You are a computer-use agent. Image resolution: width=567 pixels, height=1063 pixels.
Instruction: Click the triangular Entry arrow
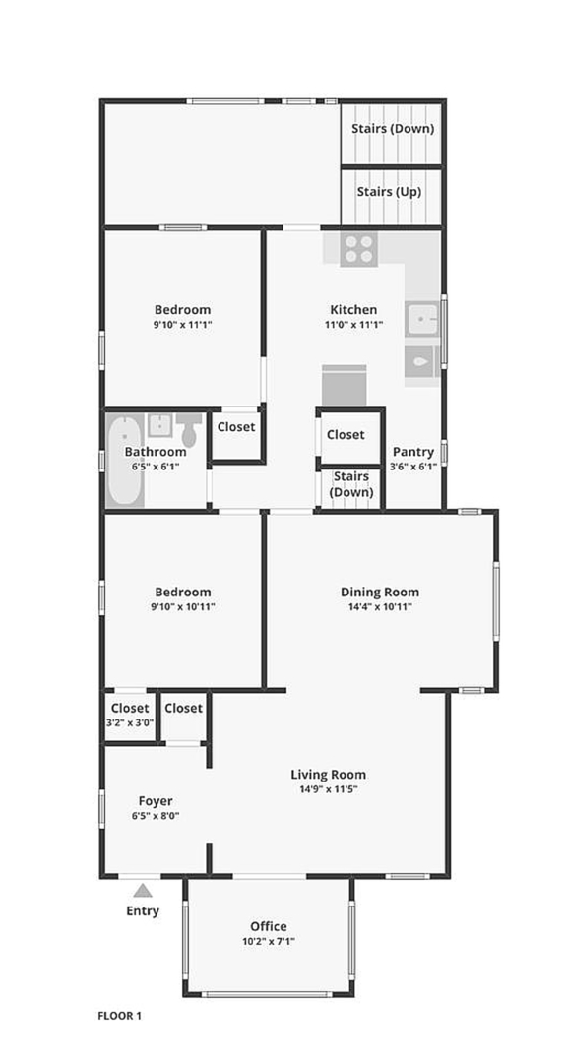click(x=143, y=890)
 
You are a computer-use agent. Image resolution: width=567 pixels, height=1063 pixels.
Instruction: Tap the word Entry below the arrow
click(x=143, y=910)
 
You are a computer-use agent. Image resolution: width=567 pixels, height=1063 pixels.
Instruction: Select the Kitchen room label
click(x=353, y=310)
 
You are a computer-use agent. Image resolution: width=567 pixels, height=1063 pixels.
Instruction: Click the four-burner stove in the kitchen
click(x=358, y=249)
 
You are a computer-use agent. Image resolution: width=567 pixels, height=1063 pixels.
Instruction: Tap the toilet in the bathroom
click(x=189, y=430)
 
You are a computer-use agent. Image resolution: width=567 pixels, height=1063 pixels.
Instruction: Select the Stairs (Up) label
click(x=389, y=192)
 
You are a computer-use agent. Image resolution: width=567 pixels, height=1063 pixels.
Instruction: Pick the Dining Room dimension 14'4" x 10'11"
click(x=380, y=606)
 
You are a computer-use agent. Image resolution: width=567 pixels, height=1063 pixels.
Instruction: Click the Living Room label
click(x=328, y=775)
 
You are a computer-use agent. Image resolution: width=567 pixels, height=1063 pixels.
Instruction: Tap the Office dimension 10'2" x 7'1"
click(x=269, y=941)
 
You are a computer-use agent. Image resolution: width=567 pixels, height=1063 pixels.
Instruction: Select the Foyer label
click(x=156, y=801)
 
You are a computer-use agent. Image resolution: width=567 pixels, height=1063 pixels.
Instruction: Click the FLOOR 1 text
click(x=120, y=1016)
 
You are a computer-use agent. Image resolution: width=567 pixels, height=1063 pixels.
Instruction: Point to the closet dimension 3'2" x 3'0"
click(x=130, y=722)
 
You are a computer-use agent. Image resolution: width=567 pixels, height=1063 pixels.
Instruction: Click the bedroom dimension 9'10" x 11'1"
click(x=182, y=325)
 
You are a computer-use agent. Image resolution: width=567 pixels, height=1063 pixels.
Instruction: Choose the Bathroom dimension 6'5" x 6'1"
click(x=156, y=467)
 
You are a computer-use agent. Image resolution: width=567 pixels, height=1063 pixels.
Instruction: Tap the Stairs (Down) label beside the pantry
click(x=351, y=484)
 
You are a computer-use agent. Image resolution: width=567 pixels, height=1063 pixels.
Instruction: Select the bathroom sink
click(x=160, y=425)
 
